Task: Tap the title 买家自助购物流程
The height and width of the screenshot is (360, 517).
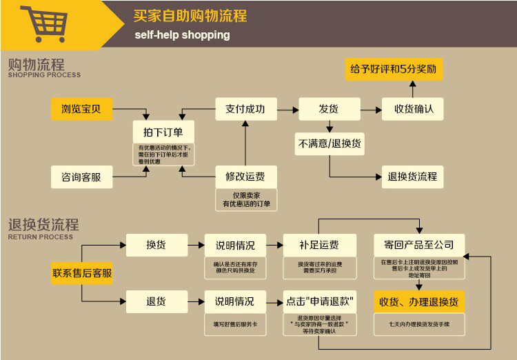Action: click(190, 16)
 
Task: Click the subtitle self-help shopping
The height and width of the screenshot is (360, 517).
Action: click(182, 34)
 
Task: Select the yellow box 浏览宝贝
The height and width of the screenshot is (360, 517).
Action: click(82, 109)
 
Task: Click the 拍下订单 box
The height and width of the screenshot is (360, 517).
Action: click(163, 132)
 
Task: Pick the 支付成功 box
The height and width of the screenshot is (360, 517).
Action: click(245, 109)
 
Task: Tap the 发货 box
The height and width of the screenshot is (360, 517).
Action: click(328, 109)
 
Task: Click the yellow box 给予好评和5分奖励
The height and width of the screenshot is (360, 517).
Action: click(393, 70)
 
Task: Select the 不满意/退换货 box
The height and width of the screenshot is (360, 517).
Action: click(330, 144)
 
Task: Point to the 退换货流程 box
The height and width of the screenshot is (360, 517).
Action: click(412, 176)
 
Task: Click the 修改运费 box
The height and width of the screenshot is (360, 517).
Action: click(245, 176)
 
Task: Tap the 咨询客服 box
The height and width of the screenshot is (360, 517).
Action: click(82, 177)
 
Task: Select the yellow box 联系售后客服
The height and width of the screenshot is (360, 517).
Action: click(82, 272)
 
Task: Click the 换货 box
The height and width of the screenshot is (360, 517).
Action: click(156, 245)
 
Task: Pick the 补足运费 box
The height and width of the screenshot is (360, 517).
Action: click(319, 245)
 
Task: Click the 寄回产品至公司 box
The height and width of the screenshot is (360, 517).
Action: click(419, 245)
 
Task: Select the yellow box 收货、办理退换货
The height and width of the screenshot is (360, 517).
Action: click(419, 301)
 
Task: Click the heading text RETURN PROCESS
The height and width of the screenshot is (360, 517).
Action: click(40, 237)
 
